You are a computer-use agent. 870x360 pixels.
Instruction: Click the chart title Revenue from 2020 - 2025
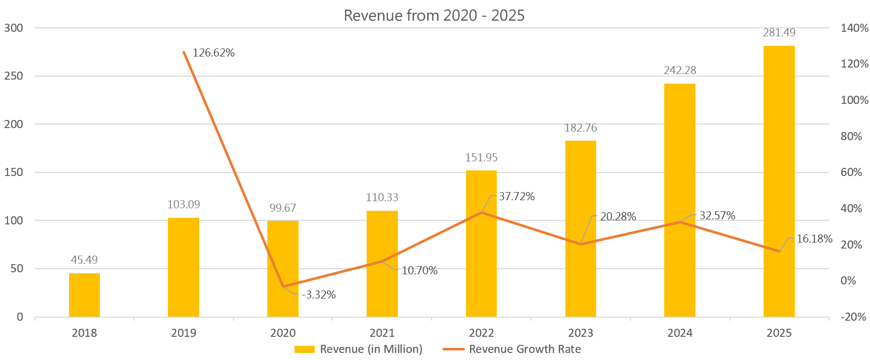434,15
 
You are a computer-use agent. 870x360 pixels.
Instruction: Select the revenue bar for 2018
84,295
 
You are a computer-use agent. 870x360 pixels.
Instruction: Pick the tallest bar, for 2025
779,182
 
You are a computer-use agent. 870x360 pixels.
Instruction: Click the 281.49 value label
779,33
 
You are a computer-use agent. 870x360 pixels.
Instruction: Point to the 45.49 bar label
84,260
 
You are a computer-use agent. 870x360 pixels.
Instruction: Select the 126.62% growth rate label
213,53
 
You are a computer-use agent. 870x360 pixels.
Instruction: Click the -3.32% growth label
319,295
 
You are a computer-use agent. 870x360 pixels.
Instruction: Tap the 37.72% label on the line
516,197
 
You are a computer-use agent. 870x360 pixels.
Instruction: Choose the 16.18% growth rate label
814,239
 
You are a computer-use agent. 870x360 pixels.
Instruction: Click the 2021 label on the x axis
382,333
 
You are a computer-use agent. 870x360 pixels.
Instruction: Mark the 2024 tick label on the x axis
679,333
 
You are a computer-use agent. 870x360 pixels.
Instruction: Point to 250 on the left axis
14,76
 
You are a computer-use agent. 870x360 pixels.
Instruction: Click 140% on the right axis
854,28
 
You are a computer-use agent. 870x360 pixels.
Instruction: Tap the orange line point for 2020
283,286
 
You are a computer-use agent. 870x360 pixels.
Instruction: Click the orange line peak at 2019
184,52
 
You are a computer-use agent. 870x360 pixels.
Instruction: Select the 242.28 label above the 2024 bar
680,71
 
